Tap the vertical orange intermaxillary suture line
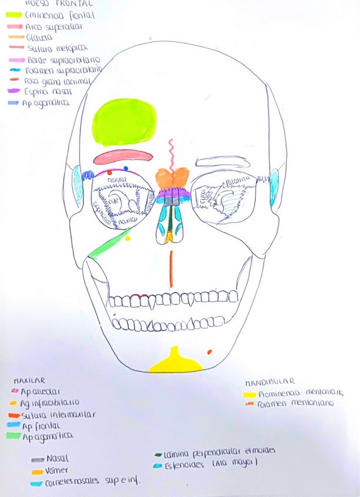coord(171,269)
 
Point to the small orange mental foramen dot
coord(209,352)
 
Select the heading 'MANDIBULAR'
coord(270,382)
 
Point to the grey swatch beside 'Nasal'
coord(38,459)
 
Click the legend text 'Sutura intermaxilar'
coord(59,414)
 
